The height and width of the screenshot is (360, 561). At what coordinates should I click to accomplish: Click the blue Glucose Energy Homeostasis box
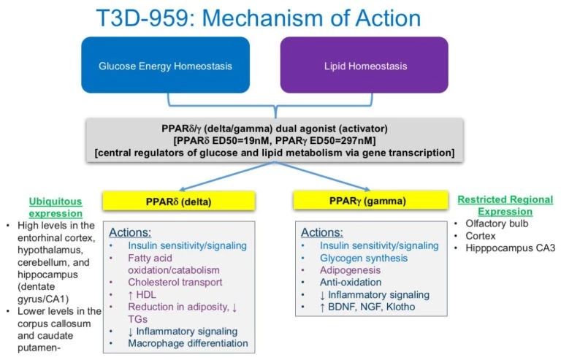(165, 65)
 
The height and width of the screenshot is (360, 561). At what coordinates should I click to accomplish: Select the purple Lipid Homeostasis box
(365, 65)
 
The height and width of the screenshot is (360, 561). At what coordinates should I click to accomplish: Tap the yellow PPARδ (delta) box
(178, 201)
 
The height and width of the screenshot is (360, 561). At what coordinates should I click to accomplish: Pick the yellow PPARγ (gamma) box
(370, 200)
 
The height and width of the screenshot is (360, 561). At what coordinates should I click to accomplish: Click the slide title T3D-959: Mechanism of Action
(259, 18)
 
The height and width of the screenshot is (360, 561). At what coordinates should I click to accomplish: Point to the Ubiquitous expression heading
(56, 207)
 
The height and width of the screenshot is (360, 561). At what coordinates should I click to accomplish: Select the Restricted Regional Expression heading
(505, 206)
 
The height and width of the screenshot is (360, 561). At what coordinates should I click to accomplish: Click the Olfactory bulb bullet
(497, 223)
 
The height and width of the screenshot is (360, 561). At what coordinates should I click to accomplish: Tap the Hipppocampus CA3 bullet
(510, 248)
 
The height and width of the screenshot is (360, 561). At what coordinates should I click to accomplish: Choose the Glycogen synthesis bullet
(364, 258)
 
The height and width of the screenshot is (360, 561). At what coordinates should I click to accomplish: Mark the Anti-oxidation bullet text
(351, 282)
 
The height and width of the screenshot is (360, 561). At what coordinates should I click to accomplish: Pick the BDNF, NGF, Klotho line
(367, 307)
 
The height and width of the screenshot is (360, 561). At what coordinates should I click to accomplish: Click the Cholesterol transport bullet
(175, 282)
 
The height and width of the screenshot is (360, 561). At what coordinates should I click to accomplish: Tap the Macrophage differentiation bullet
(188, 343)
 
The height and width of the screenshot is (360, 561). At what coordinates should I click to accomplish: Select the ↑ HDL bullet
(142, 294)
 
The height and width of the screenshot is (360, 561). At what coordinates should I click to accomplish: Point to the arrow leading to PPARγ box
(323, 175)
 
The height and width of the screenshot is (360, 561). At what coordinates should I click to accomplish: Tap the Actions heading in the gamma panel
(321, 232)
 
